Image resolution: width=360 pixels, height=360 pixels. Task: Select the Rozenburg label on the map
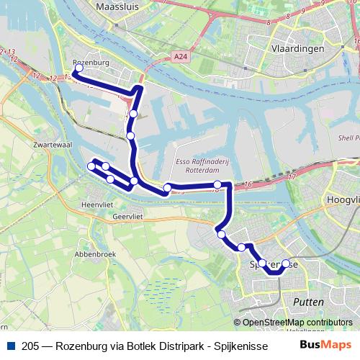[91, 63]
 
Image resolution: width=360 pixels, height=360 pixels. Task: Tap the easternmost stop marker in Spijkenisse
[286, 264]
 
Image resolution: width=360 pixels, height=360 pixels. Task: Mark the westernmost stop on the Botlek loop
[91, 166]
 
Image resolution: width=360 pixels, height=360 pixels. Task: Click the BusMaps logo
[324, 346]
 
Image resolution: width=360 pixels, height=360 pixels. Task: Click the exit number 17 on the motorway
[291, 176]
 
